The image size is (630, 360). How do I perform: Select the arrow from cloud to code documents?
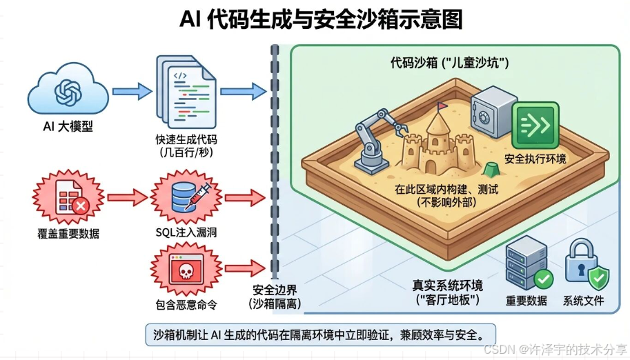click(x=132, y=90)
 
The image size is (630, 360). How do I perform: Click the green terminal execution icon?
click(x=535, y=125)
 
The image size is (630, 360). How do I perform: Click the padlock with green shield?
click(x=586, y=263)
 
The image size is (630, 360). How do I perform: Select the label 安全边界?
click(x=274, y=290)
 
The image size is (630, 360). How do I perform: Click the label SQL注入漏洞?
click(x=185, y=233)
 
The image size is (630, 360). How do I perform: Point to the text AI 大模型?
click(x=68, y=128)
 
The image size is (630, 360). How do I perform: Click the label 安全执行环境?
click(x=535, y=159)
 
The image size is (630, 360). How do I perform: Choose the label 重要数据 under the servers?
click(x=526, y=300)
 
